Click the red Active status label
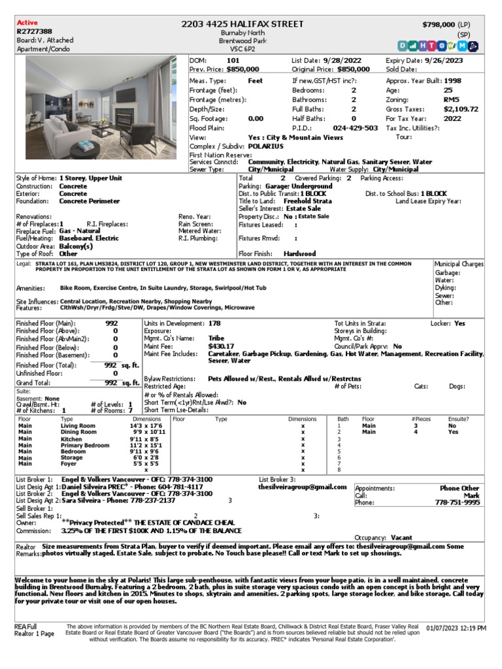point(27,23)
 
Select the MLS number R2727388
point(34,31)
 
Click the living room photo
point(101,107)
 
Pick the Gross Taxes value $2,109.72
point(461,109)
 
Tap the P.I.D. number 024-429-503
point(356,128)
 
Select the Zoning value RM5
point(452,100)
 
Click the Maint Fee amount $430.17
point(221,346)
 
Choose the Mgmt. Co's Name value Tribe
point(216,338)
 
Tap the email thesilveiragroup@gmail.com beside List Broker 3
point(302,487)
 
